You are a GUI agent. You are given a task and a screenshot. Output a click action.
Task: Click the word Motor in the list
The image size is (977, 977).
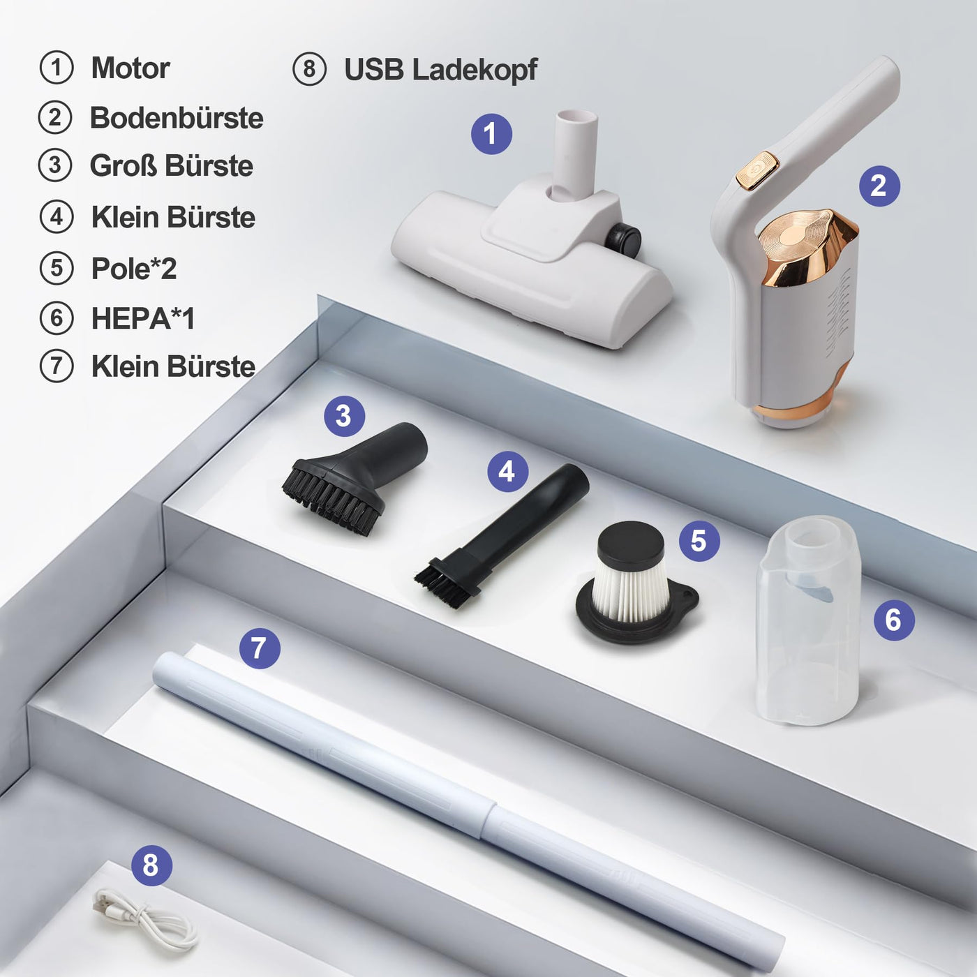tap(130, 68)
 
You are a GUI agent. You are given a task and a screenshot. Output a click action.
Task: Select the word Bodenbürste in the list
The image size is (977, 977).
tap(177, 118)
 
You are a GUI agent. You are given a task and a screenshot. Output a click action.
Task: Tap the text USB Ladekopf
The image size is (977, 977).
tap(440, 70)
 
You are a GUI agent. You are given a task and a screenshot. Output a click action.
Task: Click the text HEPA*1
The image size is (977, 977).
tap(143, 318)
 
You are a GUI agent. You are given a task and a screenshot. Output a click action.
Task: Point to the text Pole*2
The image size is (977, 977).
tap(134, 268)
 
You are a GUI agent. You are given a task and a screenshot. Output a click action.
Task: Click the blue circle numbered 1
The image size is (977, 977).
tap(491, 134)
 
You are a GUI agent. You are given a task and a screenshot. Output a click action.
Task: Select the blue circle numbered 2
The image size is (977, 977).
tap(879, 186)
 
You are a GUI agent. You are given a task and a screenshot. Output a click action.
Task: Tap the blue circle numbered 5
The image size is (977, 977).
tap(699, 540)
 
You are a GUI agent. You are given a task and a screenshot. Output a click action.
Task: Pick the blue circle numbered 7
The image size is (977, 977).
tap(260, 648)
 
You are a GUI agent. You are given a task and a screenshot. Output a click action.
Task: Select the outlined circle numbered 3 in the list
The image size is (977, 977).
tap(55, 165)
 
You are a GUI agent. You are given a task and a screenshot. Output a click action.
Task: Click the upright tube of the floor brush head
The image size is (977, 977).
tap(575, 154)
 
